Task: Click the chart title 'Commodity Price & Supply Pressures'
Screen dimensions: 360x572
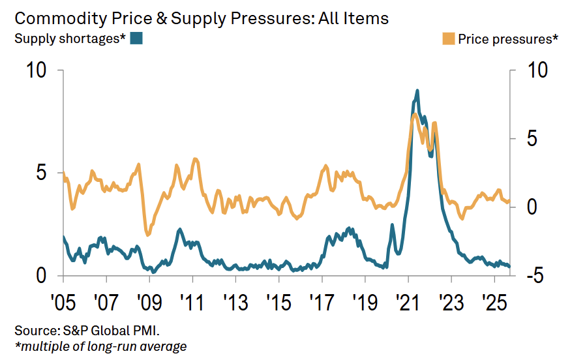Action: tap(202, 18)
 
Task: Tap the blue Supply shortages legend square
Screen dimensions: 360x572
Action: tap(136, 38)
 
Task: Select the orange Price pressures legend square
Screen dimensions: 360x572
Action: tap(449, 39)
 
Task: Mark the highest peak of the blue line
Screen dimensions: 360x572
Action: tap(417, 91)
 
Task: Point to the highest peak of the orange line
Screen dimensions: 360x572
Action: tap(414, 115)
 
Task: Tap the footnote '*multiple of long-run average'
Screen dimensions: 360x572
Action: tap(100, 346)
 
